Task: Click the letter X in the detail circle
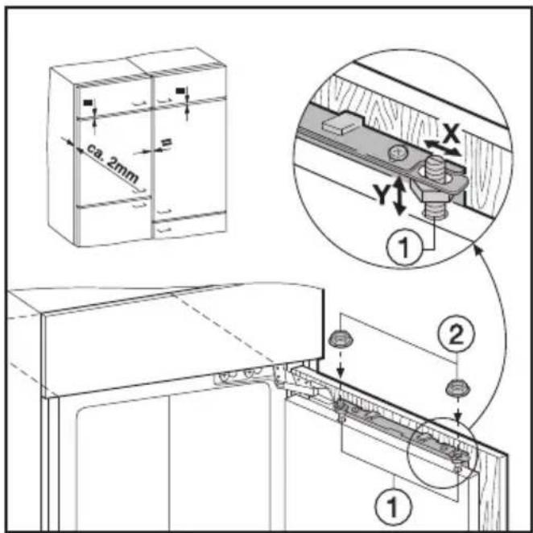[x=451, y=134]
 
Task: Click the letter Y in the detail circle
[x=382, y=194]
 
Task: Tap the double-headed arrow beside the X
[x=442, y=148]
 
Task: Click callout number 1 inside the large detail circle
[x=404, y=246]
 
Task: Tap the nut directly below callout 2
[x=458, y=388]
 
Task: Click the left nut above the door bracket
[x=341, y=340]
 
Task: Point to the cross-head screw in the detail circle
[x=399, y=152]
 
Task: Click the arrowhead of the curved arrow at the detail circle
[x=478, y=251]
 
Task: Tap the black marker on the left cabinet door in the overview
[x=89, y=102]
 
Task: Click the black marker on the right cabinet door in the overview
[x=180, y=90]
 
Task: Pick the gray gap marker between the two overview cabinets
[x=167, y=143]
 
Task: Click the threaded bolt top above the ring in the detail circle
[x=434, y=166]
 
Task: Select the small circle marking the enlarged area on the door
[x=443, y=452]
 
